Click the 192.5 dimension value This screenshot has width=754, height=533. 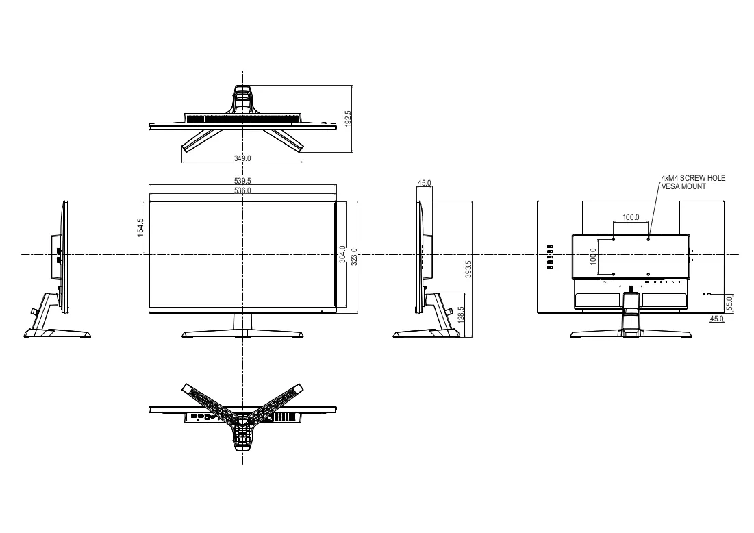pyautogui.click(x=348, y=119)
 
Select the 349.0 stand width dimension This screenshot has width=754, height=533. pyautogui.click(x=242, y=158)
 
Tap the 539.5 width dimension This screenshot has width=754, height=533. pyautogui.click(x=242, y=181)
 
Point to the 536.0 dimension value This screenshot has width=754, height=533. pyautogui.click(x=242, y=190)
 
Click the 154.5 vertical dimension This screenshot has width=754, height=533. pyautogui.click(x=140, y=227)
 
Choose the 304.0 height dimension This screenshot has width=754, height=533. pyautogui.click(x=342, y=254)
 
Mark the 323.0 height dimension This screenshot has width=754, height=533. pyautogui.click(x=354, y=257)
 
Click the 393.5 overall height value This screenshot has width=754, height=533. pyautogui.click(x=468, y=269)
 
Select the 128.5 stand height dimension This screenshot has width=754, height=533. pyautogui.click(x=462, y=315)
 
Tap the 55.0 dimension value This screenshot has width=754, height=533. pyautogui.click(x=729, y=304)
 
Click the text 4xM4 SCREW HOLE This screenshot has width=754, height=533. pyautogui.click(x=694, y=178)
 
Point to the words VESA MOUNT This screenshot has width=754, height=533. pyautogui.click(x=683, y=186)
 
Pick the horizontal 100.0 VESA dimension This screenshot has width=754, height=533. pyautogui.click(x=631, y=217)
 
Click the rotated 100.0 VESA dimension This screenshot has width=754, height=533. pyautogui.click(x=593, y=256)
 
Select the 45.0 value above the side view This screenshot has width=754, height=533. pyautogui.click(x=424, y=183)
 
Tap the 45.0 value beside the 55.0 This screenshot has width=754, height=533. pyautogui.click(x=716, y=319)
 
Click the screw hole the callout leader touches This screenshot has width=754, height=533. pyautogui.click(x=649, y=239)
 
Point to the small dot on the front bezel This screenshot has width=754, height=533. pyautogui.click(x=322, y=310)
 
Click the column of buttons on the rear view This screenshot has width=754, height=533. pyautogui.click(x=550, y=256)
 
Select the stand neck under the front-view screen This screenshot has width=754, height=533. pyautogui.click(x=243, y=322)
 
